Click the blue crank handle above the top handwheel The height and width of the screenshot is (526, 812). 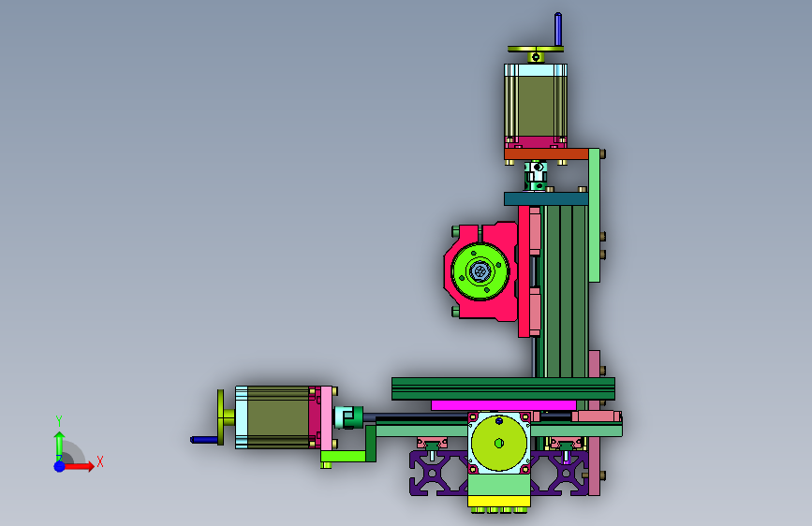(x=558, y=29)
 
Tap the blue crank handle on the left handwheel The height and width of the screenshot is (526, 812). (x=204, y=440)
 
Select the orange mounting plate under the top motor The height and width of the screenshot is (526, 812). (x=546, y=153)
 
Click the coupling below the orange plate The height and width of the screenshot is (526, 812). (x=536, y=176)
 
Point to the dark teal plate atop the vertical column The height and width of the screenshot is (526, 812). (x=546, y=198)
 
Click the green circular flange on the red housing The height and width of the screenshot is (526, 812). (x=480, y=270)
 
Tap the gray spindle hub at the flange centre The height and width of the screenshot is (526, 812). (x=479, y=270)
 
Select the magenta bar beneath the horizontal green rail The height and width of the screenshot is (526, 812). (x=503, y=405)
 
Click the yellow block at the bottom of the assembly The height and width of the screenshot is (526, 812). (x=498, y=501)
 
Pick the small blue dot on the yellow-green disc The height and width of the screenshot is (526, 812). (x=498, y=421)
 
